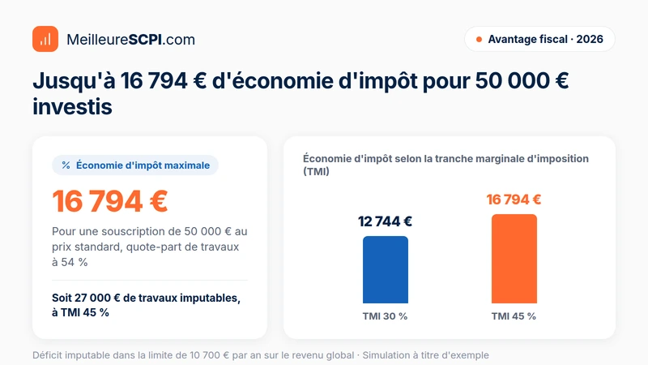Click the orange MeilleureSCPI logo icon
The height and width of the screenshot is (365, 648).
pyautogui.click(x=45, y=39)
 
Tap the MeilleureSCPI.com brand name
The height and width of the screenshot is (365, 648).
pyautogui.click(x=130, y=40)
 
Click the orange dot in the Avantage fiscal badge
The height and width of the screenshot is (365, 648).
pyautogui.click(x=479, y=39)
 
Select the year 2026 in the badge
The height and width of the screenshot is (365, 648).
pyautogui.click(x=590, y=39)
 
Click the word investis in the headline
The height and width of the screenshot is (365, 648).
pyautogui.click(x=72, y=107)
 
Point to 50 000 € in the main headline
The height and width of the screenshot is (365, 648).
pyautogui.click(x=522, y=80)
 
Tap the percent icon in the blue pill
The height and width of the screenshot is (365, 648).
pyautogui.click(x=66, y=165)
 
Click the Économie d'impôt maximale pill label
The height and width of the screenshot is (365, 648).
pyautogui.click(x=143, y=165)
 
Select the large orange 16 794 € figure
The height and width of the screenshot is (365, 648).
pyautogui.click(x=110, y=201)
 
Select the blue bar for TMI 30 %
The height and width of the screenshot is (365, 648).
pyautogui.click(x=386, y=270)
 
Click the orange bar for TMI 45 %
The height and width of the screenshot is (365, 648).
pyautogui.click(x=514, y=259)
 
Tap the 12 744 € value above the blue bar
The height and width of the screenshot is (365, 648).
pyautogui.click(x=385, y=221)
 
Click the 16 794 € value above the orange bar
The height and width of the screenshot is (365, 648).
pyautogui.click(x=514, y=200)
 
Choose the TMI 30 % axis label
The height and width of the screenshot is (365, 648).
pyautogui.click(x=385, y=316)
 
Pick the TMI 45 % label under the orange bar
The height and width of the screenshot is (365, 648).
pyautogui.click(x=514, y=316)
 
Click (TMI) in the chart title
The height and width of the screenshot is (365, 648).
pyautogui.click(x=316, y=171)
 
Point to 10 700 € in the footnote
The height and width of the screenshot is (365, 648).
pyautogui.click(x=209, y=355)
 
